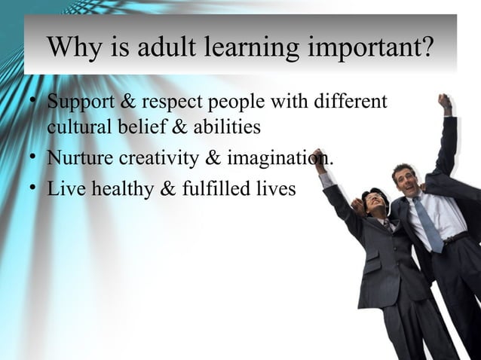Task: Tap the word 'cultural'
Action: click(x=78, y=127)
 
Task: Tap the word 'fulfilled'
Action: click(x=219, y=188)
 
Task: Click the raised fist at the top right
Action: click(x=445, y=102)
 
